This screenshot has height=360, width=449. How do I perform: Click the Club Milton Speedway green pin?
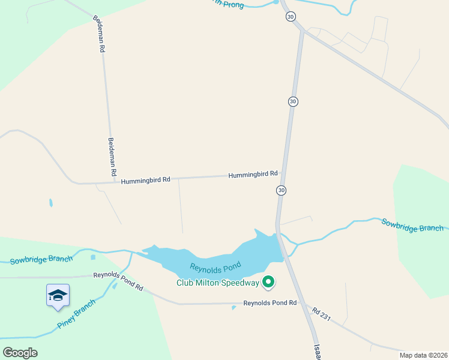tap(269, 281)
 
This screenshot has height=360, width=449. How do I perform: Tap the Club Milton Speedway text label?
tap(217, 283)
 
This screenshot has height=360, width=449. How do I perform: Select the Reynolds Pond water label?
tap(215, 266)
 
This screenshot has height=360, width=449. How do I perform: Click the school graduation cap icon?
tap(58, 295)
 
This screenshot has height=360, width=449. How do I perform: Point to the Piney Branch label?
tap(77, 314)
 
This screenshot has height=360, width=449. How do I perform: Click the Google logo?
tap(20, 352)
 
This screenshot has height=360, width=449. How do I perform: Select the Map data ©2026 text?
tap(423, 355)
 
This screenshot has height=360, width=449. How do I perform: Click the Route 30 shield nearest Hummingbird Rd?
tap(281, 190)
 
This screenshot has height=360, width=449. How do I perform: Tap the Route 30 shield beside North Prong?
tap(291, 17)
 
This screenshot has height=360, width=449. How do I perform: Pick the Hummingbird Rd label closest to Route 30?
tap(253, 174)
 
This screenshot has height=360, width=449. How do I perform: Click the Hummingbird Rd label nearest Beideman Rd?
tap(145, 179)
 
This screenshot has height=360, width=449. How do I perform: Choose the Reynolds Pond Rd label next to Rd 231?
tap(270, 303)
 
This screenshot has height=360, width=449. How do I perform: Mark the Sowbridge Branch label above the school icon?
tap(41, 259)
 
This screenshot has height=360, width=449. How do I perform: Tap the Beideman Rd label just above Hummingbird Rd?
tap(112, 155)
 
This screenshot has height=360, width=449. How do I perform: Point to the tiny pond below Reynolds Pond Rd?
tap(233, 308)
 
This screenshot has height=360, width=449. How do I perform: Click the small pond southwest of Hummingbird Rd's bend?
tap(51, 203)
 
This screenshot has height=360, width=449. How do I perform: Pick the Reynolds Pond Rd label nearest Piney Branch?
tap(118, 281)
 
